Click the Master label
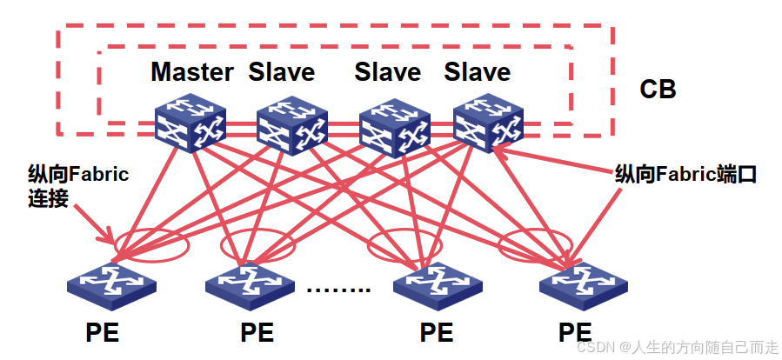click(192, 71)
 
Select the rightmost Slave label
click(477, 71)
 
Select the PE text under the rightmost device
click(575, 332)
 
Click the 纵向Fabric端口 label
click(685, 174)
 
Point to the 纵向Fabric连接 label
click(77, 186)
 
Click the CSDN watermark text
click(678, 347)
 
